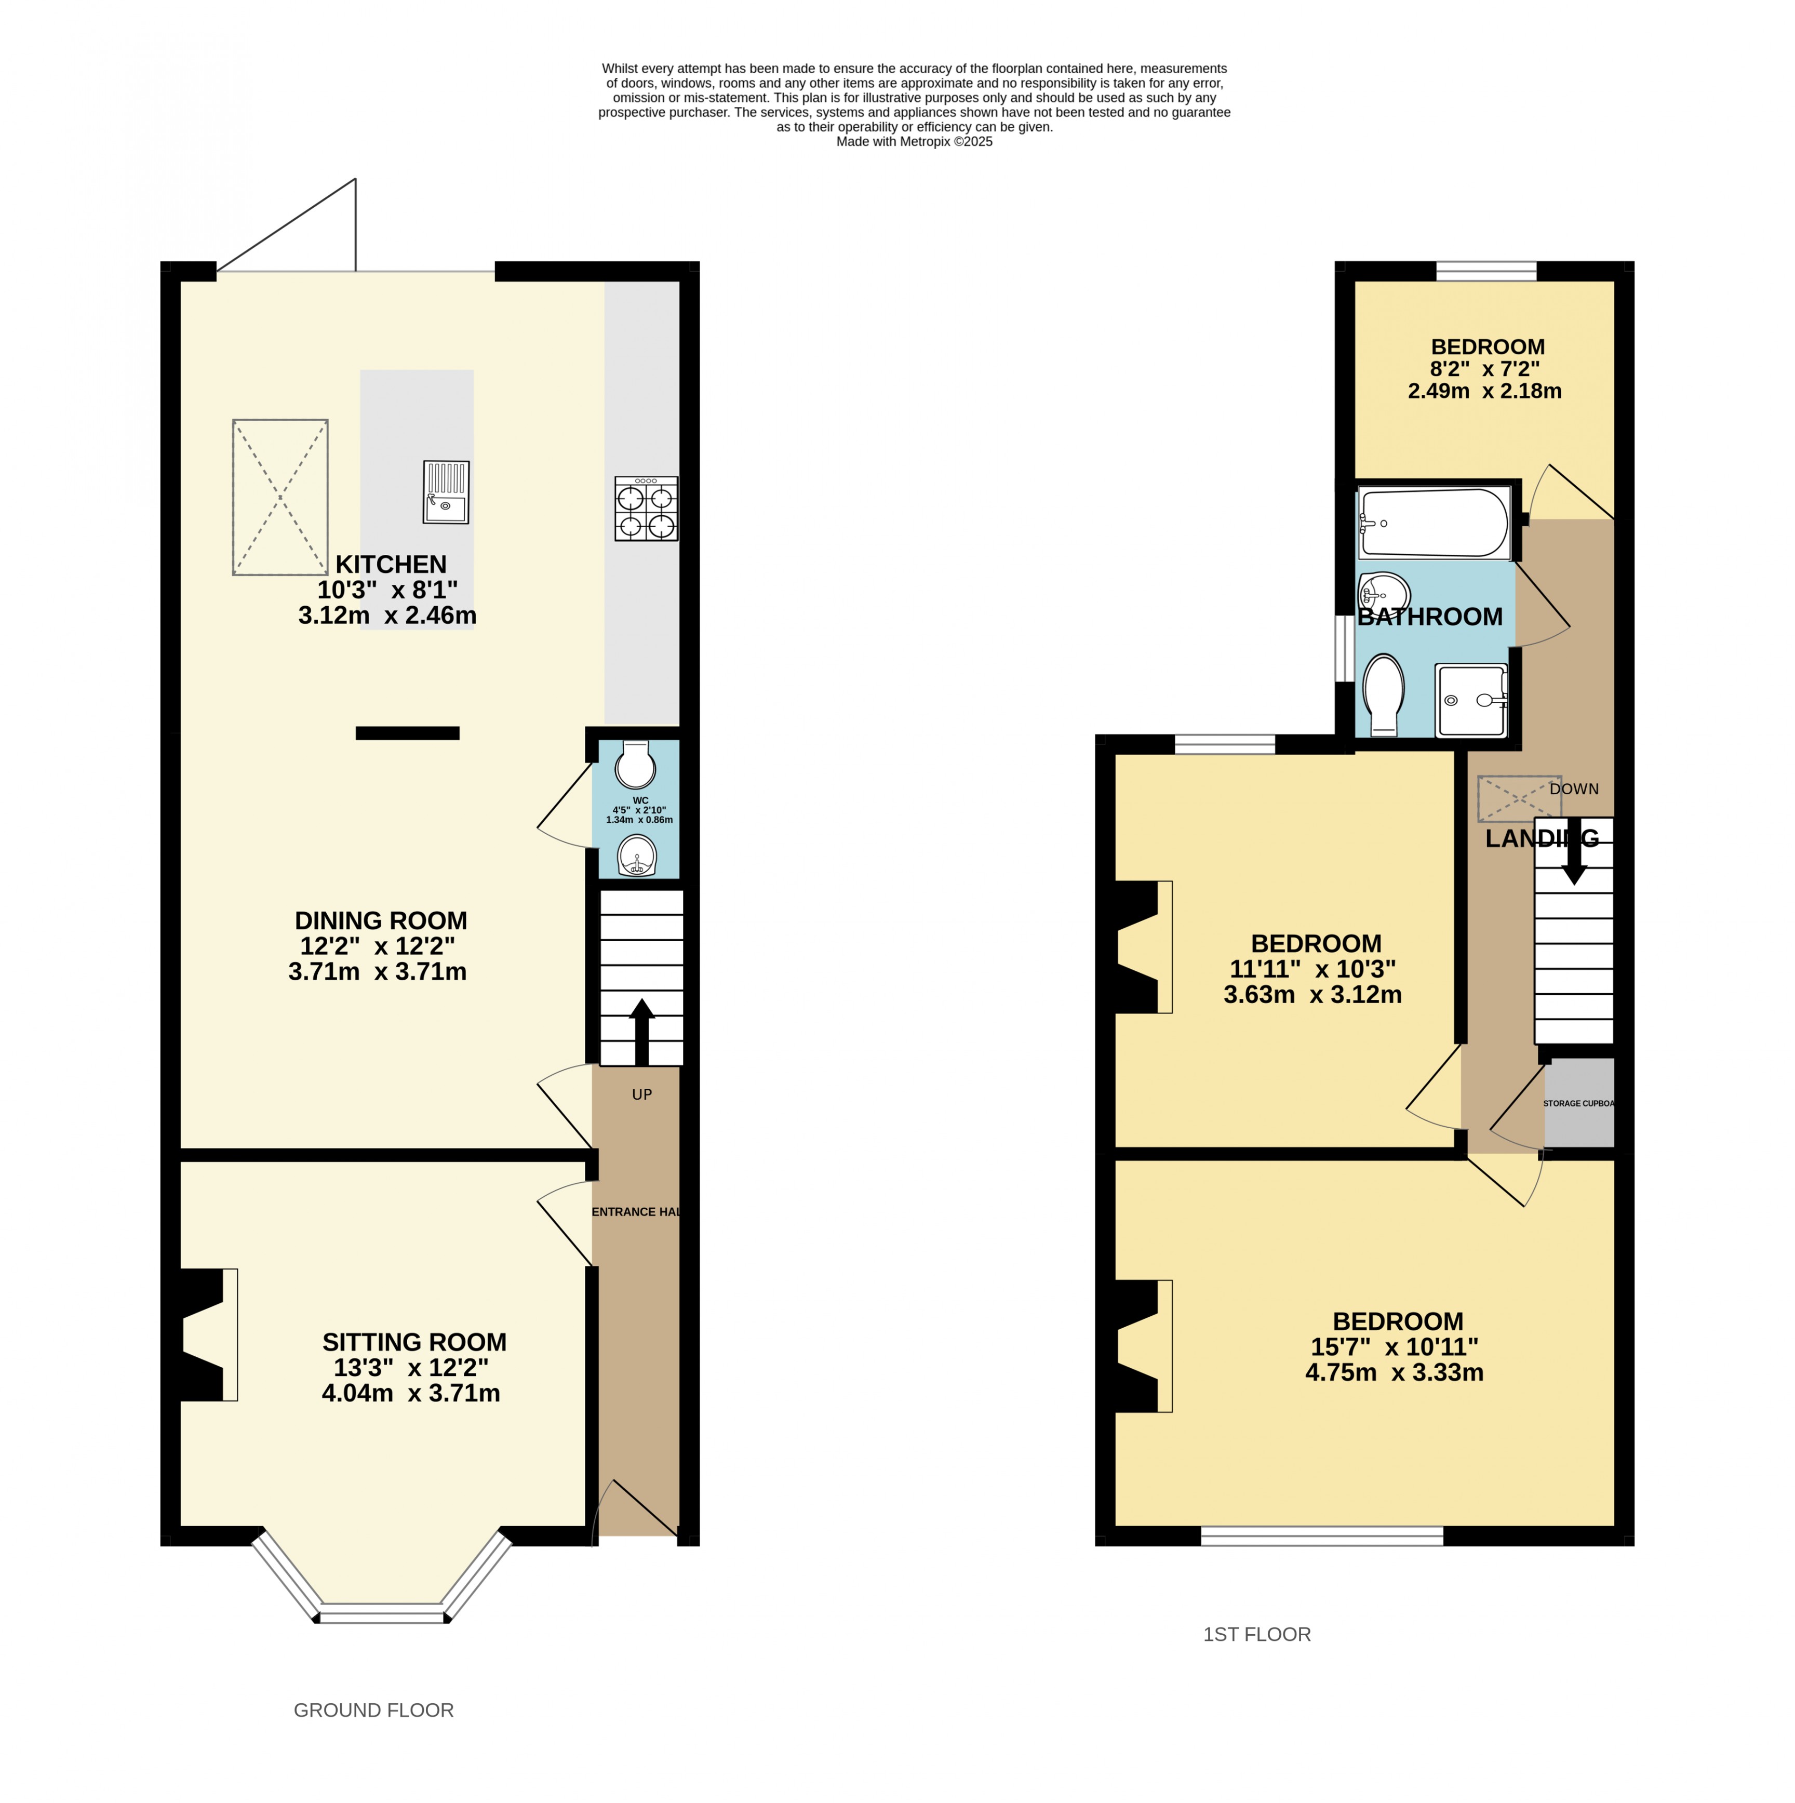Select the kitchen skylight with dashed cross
point(280,498)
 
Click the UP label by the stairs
point(642,1094)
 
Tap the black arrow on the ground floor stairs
point(642,1031)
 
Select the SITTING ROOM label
point(414,1342)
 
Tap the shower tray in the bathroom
point(1471,700)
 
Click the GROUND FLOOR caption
point(373,1709)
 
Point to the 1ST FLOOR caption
point(1257,1634)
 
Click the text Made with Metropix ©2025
point(914,142)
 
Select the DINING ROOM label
point(381,920)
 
